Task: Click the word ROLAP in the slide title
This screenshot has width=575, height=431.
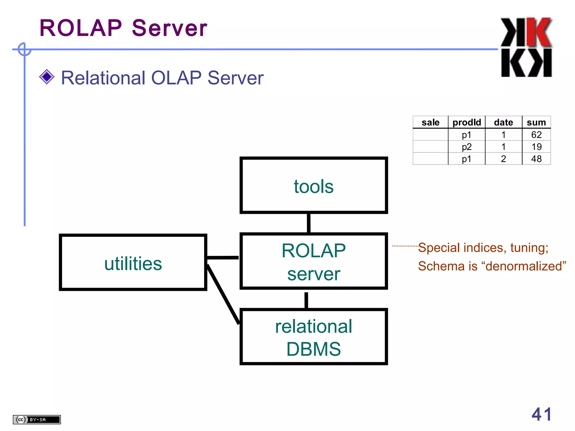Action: (x=81, y=28)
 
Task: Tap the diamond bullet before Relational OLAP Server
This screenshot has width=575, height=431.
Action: (x=47, y=77)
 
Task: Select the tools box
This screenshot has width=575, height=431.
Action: (x=314, y=185)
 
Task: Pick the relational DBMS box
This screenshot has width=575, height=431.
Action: (x=314, y=337)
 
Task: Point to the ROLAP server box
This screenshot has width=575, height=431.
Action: (x=314, y=261)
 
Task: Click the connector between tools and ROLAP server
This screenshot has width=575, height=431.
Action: (x=309, y=223)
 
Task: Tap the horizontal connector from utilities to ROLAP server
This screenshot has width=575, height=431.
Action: (x=223, y=257)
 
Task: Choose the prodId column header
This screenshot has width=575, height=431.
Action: (x=467, y=122)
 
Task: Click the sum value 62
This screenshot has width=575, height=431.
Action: (x=536, y=135)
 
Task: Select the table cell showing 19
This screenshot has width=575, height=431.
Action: (x=536, y=147)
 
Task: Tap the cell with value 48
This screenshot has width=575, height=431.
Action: (x=536, y=159)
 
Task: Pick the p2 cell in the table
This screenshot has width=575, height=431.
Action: (x=467, y=147)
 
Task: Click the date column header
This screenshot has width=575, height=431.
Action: (x=503, y=122)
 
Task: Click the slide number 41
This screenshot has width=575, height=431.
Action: (x=542, y=414)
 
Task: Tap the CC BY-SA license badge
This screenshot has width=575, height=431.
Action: (x=37, y=419)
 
